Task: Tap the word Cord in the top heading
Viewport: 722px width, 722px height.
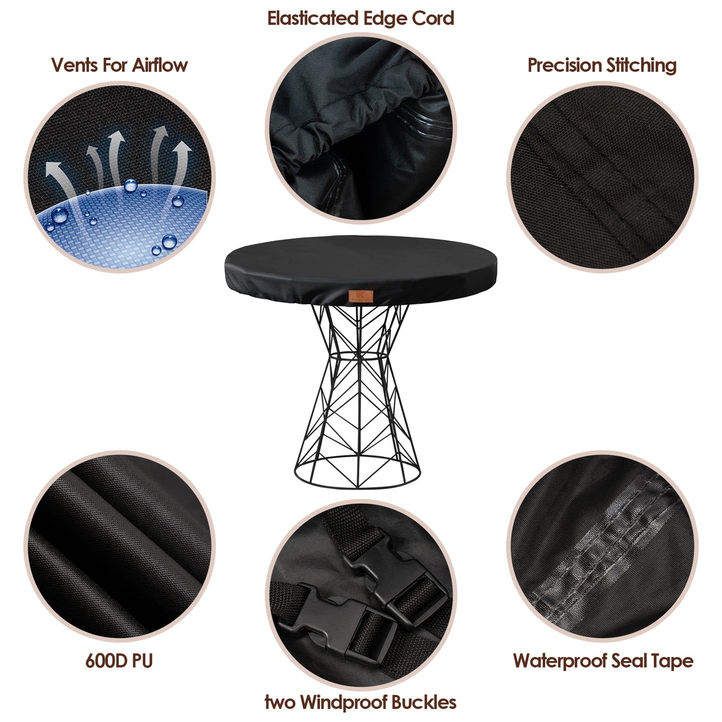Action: click(433, 18)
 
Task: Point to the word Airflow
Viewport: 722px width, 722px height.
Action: click(159, 65)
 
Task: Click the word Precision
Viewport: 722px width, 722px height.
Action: click(564, 65)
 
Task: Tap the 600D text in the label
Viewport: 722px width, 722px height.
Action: click(104, 661)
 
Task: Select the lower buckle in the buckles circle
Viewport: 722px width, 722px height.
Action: click(330, 620)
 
